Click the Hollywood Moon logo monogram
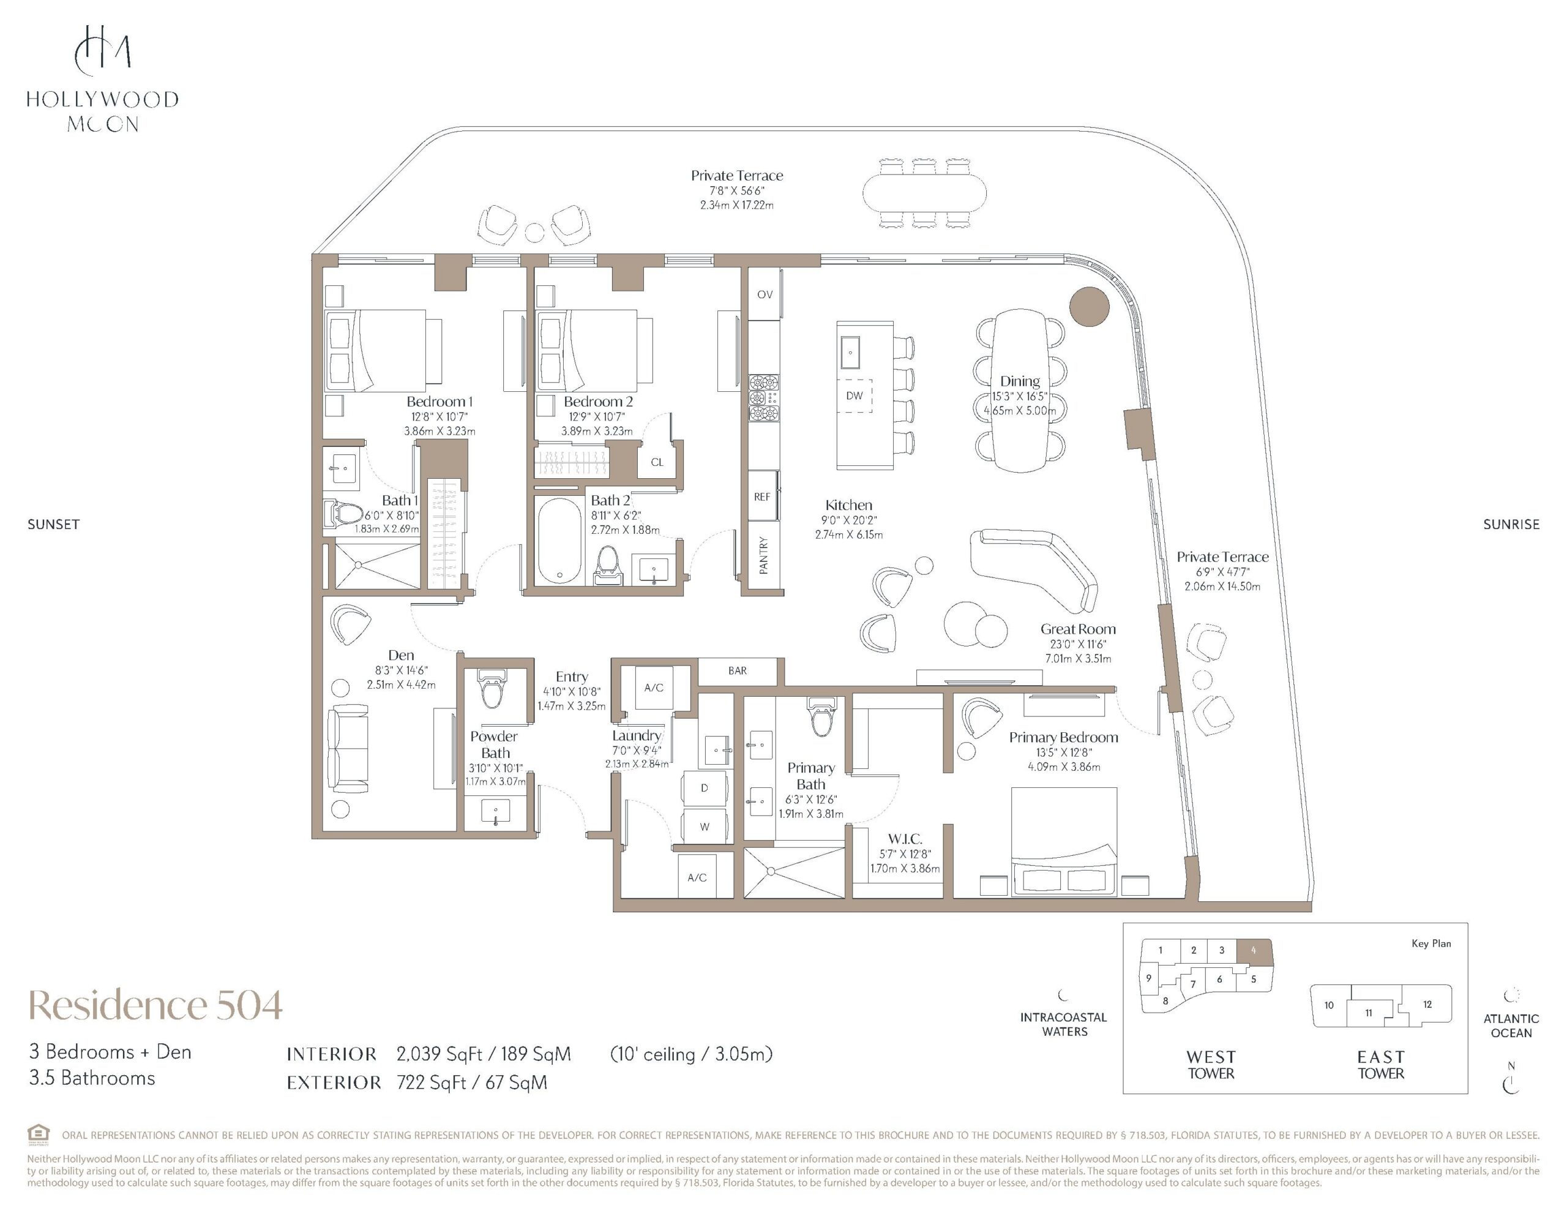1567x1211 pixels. [x=103, y=50]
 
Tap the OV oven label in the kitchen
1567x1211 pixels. [x=765, y=294]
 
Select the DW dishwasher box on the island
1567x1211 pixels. [x=855, y=396]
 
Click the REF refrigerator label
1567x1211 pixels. [x=762, y=497]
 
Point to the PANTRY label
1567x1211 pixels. [x=763, y=555]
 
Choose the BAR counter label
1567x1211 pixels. [x=738, y=670]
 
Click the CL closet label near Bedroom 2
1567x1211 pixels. [x=657, y=462]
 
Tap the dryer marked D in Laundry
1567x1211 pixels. [x=704, y=788]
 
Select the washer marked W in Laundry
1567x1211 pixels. [x=704, y=827]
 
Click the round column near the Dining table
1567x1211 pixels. [x=1089, y=307]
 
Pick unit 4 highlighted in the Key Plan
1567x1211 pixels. [x=1254, y=950]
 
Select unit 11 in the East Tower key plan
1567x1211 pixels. [x=1368, y=1013]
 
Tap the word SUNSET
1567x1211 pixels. [x=54, y=525]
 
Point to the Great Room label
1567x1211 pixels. [x=1078, y=629]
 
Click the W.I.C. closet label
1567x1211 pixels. [x=905, y=838]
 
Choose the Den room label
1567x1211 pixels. [x=401, y=654]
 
